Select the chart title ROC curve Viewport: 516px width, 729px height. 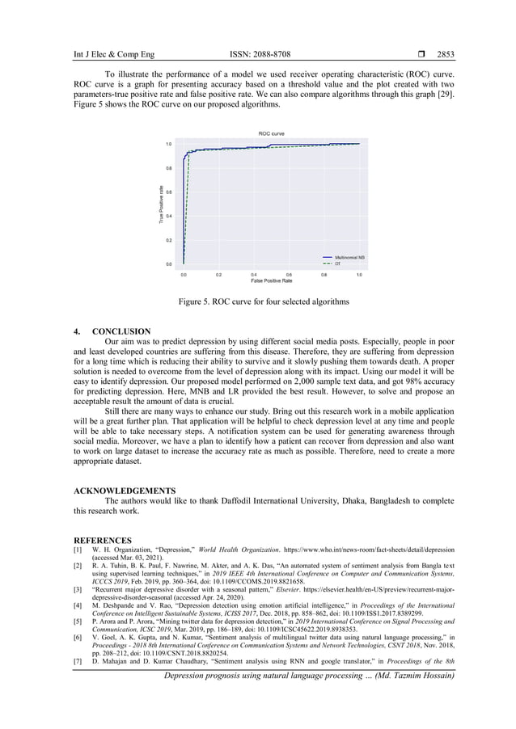tap(271, 133)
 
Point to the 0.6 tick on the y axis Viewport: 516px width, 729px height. tap(168, 192)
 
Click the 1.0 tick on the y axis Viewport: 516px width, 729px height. tap(168, 144)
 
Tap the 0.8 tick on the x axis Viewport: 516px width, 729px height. tap(324, 274)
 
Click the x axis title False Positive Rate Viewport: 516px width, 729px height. tap(271, 280)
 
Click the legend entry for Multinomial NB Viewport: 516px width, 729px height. tap(349, 257)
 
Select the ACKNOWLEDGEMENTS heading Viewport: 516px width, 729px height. tap(125, 491)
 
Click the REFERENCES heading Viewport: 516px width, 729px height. tap(103, 539)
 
